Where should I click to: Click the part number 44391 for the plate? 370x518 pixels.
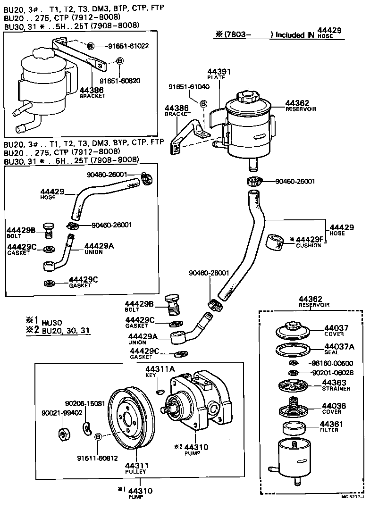click(x=219, y=72)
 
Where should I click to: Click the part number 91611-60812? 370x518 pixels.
click(x=97, y=458)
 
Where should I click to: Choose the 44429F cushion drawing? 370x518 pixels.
click(x=274, y=242)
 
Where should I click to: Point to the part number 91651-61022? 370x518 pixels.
click(x=128, y=46)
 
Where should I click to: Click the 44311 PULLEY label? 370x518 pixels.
click(x=135, y=468)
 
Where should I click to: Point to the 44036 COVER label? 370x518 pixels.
click(x=334, y=408)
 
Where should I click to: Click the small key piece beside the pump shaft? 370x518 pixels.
click(x=160, y=391)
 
